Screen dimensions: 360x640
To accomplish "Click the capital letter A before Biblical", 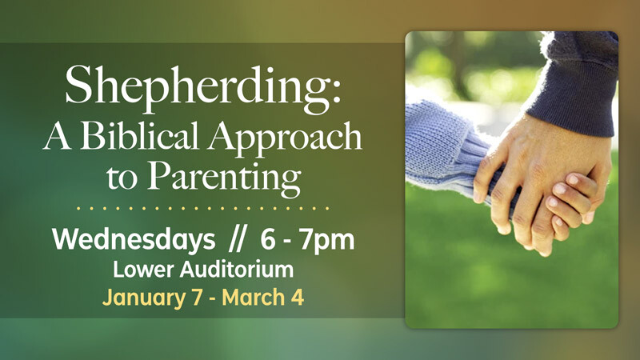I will pos(58,138).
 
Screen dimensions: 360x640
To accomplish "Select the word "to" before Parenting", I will pos(120,176).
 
